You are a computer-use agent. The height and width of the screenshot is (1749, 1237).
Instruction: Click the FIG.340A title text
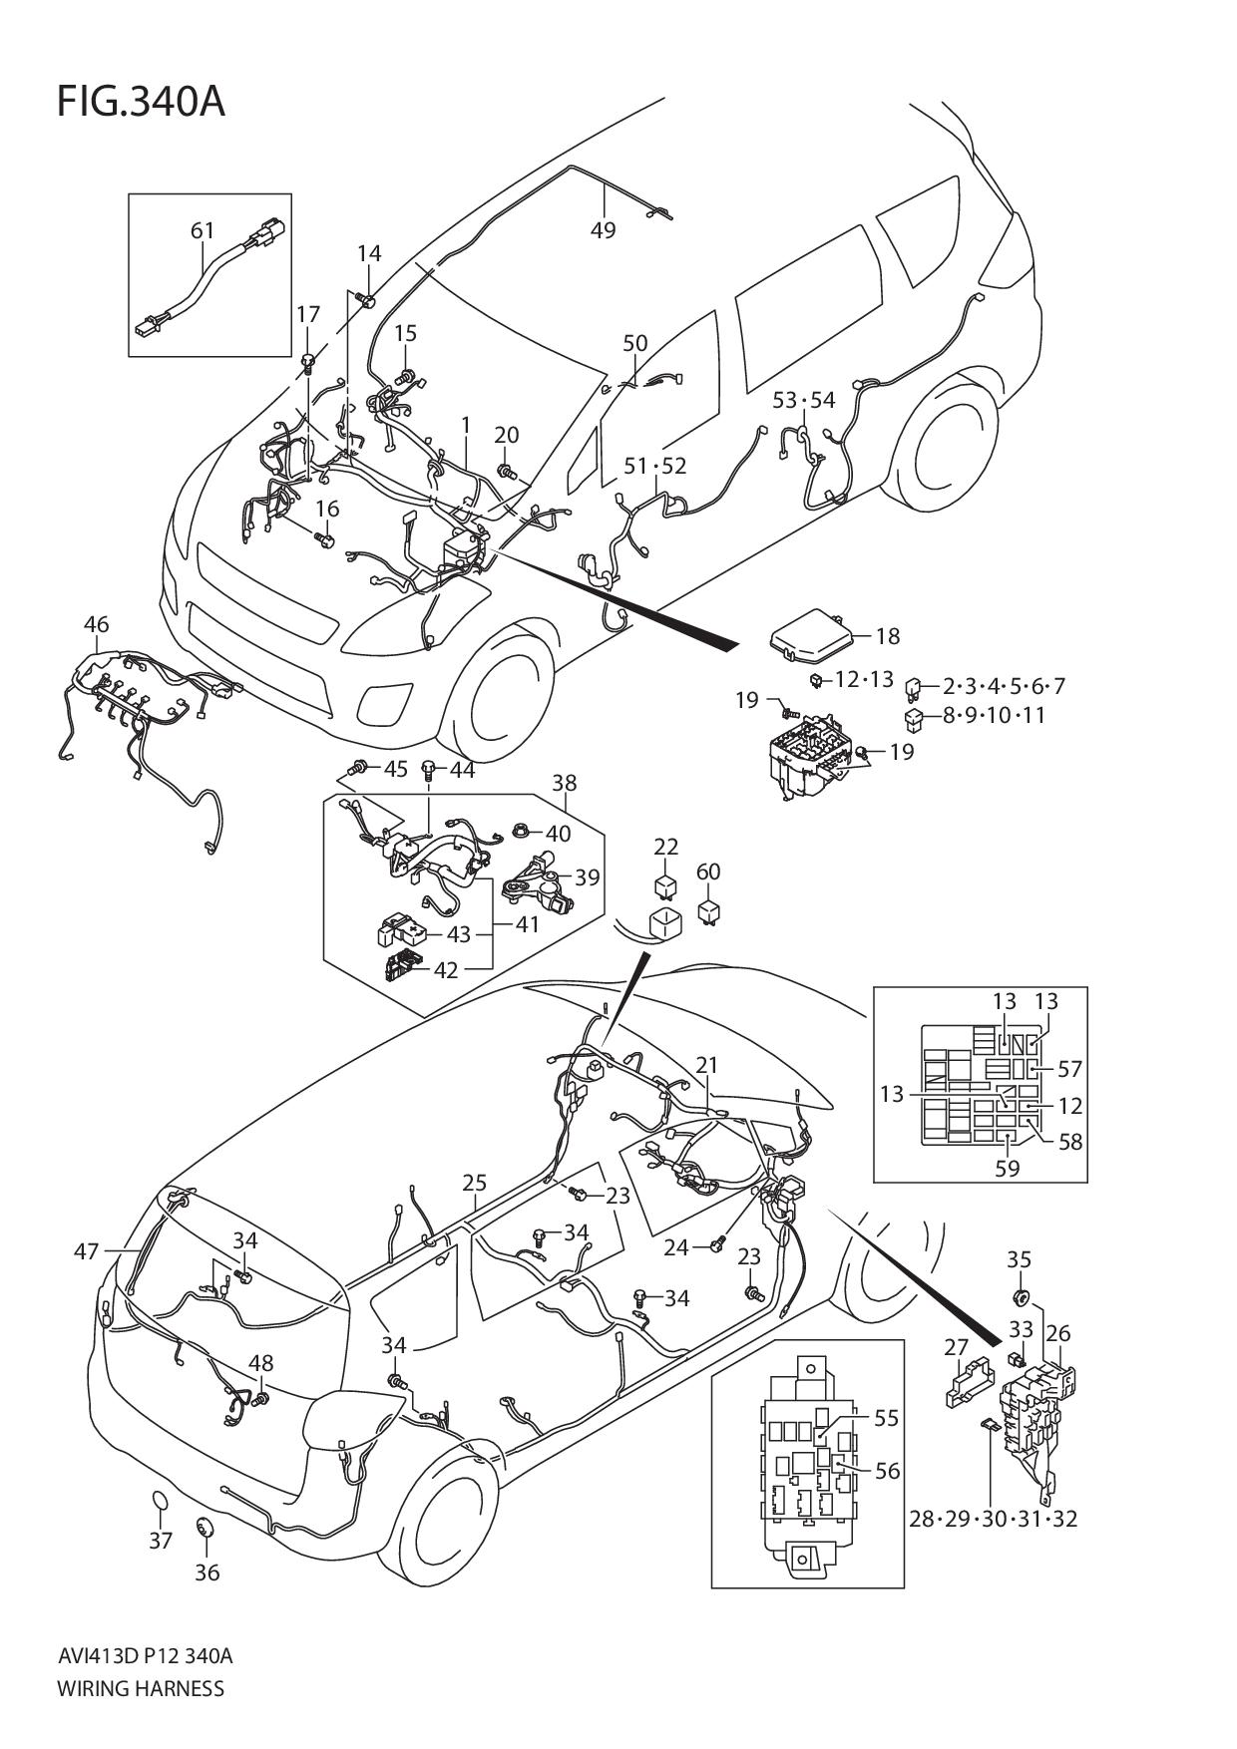click(x=141, y=102)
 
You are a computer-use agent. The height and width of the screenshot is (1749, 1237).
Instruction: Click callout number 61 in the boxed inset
click(x=203, y=230)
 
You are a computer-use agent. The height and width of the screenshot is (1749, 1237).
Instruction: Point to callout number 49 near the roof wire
click(x=603, y=230)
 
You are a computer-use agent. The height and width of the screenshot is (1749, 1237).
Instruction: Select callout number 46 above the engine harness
click(x=96, y=625)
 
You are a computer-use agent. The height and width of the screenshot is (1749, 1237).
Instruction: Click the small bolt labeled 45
click(x=357, y=768)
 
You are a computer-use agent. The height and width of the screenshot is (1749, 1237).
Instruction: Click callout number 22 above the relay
click(x=666, y=847)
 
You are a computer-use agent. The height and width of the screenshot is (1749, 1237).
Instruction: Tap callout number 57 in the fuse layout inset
click(x=1069, y=1069)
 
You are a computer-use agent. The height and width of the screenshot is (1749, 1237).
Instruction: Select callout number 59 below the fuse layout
click(x=1008, y=1168)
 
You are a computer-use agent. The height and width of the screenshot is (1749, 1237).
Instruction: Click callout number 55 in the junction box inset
click(x=886, y=1418)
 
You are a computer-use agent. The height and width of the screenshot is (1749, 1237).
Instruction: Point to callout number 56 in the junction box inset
click(x=887, y=1471)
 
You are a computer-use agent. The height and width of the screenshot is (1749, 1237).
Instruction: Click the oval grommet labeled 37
click(x=160, y=1504)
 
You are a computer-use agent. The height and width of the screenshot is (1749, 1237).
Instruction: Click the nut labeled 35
click(x=1020, y=1297)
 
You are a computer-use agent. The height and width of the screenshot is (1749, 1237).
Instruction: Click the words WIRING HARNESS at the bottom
click(x=141, y=1689)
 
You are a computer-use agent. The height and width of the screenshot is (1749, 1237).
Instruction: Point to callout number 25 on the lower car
click(x=474, y=1183)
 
